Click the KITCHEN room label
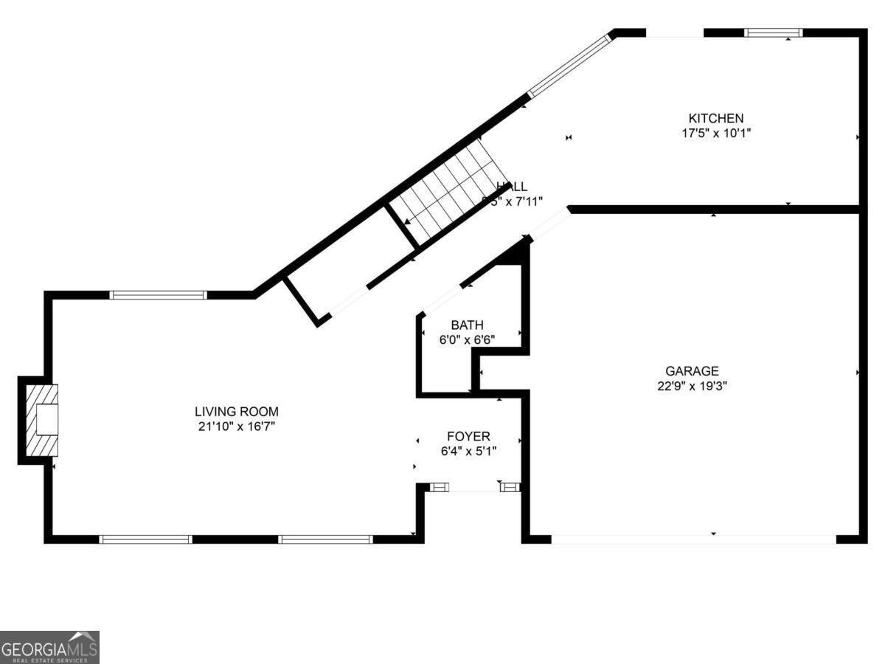click(x=715, y=118)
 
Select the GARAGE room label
click(x=692, y=371)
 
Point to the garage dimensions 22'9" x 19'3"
click(x=692, y=385)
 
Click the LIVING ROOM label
click(x=237, y=412)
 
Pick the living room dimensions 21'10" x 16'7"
click(x=237, y=426)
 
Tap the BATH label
click(x=468, y=325)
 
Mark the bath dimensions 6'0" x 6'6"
click(x=468, y=339)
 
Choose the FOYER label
click(x=468, y=437)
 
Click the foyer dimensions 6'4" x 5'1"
click(x=468, y=451)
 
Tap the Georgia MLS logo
click(x=49, y=647)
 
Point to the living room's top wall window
click(x=159, y=295)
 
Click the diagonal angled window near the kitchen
click(x=570, y=65)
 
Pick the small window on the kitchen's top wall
click(x=772, y=32)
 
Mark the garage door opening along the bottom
click(x=693, y=539)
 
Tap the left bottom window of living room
click(x=145, y=539)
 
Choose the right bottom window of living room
click(x=325, y=539)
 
